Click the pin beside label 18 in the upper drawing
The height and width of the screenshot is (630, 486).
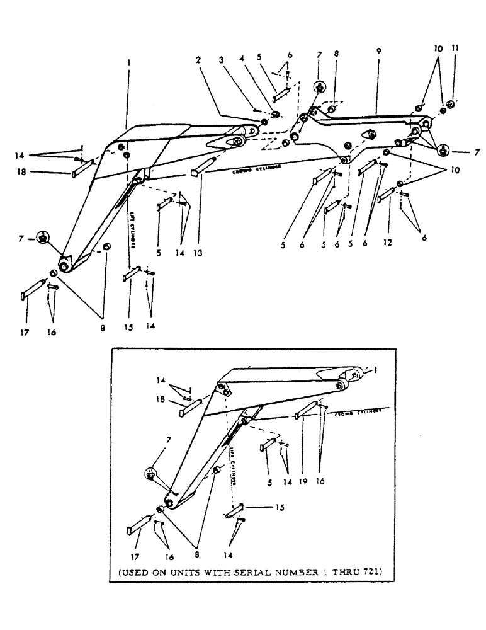[x=82, y=167]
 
